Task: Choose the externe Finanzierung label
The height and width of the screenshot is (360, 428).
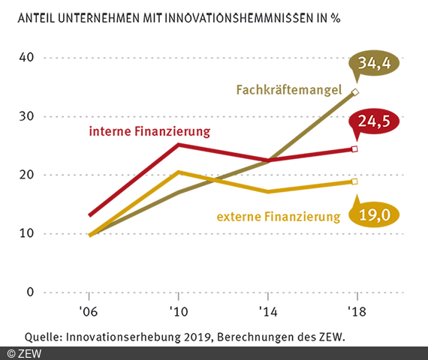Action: point(279,217)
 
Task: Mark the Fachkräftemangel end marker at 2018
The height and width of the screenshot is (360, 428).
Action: point(355,91)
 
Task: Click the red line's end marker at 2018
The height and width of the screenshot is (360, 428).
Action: point(355,149)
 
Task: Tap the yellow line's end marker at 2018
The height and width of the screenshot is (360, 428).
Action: point(355,181)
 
